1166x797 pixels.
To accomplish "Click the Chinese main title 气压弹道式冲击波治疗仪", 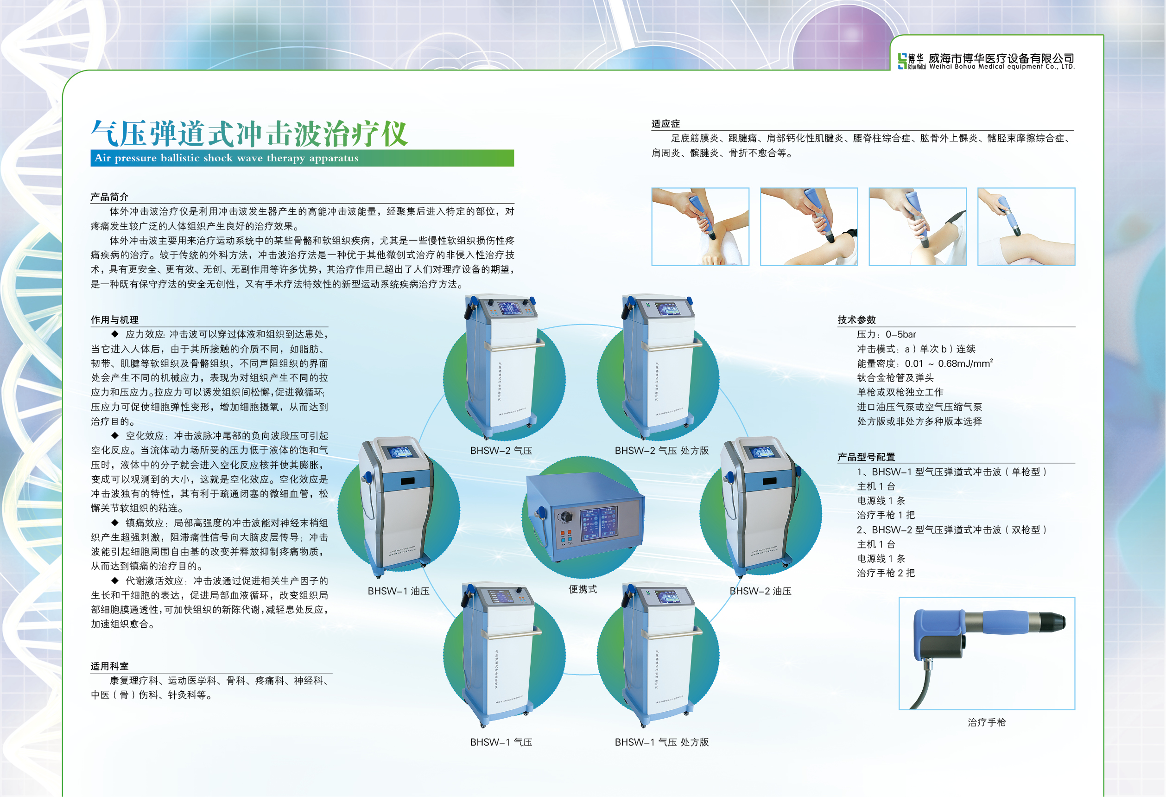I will [x=249, y=134].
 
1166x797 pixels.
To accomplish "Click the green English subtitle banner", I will [x=302, y=158].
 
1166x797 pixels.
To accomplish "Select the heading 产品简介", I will [x=109, y=197].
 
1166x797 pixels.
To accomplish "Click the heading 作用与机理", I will [x=114, y=320].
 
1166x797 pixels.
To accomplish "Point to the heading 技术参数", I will [x=856, y=320].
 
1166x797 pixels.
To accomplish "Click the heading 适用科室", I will [x=109, y=666].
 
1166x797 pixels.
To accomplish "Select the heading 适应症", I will [x=665, y=124].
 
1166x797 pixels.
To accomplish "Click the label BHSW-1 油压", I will [x=399, y=591].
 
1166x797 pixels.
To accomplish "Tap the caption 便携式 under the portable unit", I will [x=583, y=589].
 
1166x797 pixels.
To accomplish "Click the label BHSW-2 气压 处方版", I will [x=661, y=451].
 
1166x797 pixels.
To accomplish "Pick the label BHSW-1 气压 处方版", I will [x=661, y=742].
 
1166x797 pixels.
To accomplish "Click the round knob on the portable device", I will [x=566, y=517].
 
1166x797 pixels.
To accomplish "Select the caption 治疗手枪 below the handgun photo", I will [x=986, y=722].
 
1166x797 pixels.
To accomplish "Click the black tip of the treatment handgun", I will [x=1053, y=622].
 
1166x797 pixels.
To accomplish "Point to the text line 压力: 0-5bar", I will [x=886, y=335].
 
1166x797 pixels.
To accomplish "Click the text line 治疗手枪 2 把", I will [x=886, y=573].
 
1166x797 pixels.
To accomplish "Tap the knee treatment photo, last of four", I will [x=1026, y=227].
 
